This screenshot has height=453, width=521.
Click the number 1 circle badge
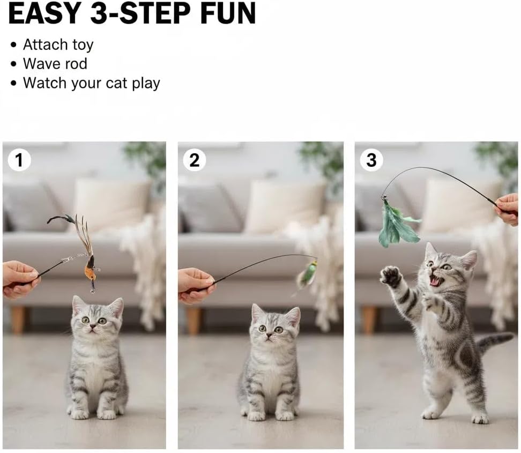(x=19, y=160)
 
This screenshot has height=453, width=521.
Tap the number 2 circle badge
(x=195, y=160)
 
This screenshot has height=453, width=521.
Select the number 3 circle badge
(x=371, y=160)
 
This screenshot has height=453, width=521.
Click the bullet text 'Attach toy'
(x=58, y=45)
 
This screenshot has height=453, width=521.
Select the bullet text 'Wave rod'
(x=55, y=64)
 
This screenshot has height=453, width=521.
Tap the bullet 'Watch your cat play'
(x=91, y=84)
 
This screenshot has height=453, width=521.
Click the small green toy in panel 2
(x=308, y=273)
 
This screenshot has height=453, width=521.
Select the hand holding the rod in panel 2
(x=195, y=284)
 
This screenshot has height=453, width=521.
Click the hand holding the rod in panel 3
(x=508, y=208)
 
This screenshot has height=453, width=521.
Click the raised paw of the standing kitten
(x=391, y=277)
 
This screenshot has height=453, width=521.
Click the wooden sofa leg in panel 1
(x=18, y=320)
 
